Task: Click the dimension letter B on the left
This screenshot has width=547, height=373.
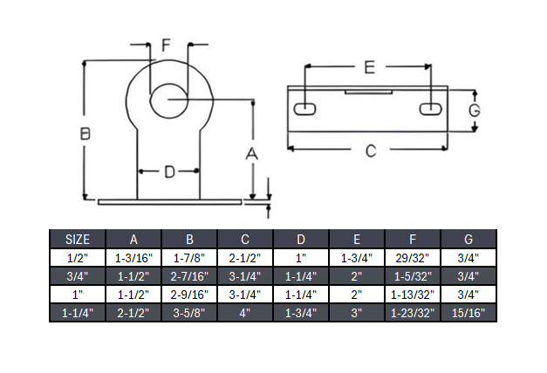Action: tap(85, 133)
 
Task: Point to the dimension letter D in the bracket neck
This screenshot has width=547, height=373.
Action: tap(169, 172)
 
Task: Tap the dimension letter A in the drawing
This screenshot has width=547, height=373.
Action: tap(252, 153)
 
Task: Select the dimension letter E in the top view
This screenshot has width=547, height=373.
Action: tap(369, 67)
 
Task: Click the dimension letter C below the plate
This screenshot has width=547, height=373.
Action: tap(370, 150)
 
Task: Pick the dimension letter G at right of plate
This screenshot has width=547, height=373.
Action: tap(474, 111)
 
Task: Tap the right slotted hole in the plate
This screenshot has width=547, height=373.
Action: tap(430, 109)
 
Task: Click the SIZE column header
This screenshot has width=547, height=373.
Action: tap(77, 238)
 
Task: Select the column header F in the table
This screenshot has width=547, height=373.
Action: tap(413, 238)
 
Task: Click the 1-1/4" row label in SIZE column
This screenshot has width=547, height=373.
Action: tap(77, 311)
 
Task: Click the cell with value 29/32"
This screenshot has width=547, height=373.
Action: tap(413, 257)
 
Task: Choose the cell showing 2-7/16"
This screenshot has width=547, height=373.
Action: tap(188, 275)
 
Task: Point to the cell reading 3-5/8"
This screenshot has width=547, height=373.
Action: tap(188, 311)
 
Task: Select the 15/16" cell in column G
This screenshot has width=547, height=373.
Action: tap(468, 311)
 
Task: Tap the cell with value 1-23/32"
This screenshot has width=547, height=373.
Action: tap(413, 311)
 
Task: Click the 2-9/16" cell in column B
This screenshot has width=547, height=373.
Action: tap(188, 294)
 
